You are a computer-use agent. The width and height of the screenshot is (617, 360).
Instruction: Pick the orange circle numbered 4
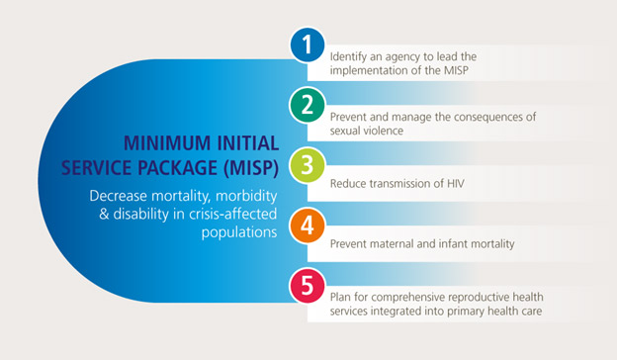tap(308, 226)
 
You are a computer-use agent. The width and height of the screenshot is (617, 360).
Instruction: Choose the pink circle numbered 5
tap(308, 287)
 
